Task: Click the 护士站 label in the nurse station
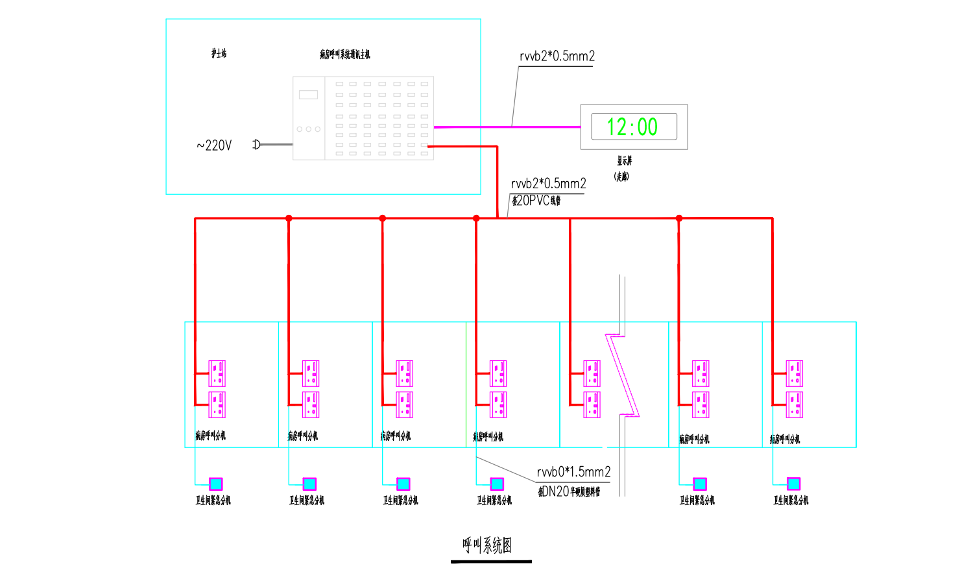click(219, 53)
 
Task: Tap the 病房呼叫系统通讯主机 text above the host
click(344, 55)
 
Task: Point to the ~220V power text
click(214, 145)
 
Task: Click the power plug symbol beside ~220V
click(257, 144)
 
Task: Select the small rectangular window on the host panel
click(308, 95)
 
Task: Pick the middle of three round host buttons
click(309, 129)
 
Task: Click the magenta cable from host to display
click(506, 127)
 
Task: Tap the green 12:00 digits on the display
click(632, 127)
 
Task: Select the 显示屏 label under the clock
click(624, 160)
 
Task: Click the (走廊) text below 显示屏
click(621, 176)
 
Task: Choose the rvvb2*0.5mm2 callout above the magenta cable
click(557, 56)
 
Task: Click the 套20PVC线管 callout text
click(536, 201)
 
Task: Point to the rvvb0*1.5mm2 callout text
click(573, 472)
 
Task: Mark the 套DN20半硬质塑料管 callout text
click(570, 491)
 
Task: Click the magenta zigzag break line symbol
click(623, 375)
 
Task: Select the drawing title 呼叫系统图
click(487, 545)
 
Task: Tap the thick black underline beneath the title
click(491, 562)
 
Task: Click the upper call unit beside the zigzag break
click(592, 373)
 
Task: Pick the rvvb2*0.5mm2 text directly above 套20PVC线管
click(548, 184)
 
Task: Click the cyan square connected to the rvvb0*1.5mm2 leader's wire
click(497, 484)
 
